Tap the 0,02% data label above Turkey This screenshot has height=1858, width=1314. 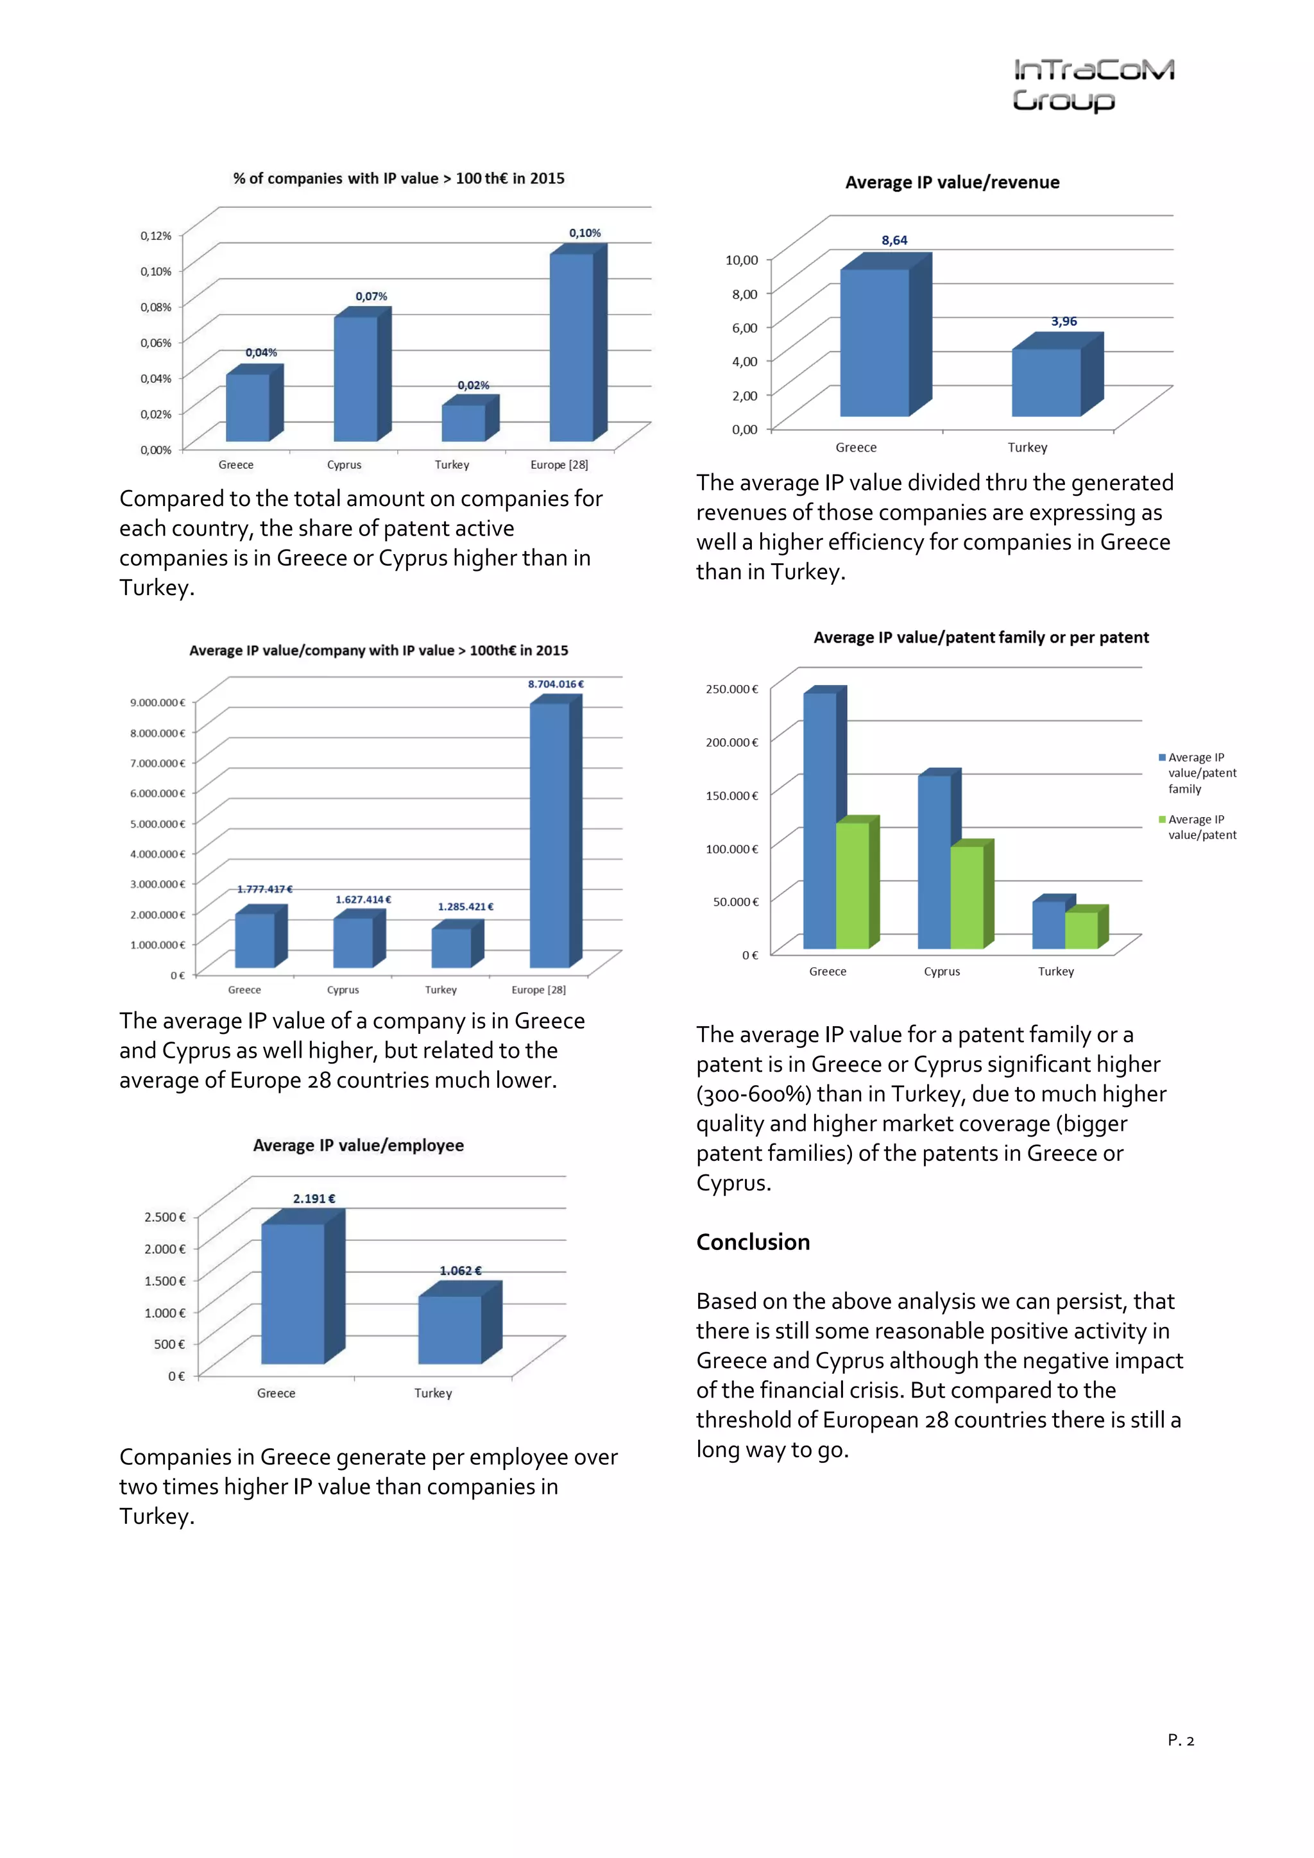point(473,385)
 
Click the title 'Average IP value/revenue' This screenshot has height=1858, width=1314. point(952,183)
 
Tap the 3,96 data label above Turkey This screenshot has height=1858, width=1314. point(1063,321)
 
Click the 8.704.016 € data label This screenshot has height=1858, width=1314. point(556,684)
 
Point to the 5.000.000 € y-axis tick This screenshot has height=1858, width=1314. point(157,823)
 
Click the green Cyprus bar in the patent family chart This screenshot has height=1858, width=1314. point(967,896)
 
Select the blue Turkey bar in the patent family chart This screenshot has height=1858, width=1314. point(1048,924)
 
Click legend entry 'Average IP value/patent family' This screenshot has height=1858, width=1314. point(1200,773)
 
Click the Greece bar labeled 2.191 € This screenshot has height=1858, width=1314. point(293,1292)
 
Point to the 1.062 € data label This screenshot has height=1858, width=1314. point(460,1271)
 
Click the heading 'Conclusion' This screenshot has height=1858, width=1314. point(753,1242)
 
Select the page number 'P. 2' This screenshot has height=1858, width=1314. point(1181,1740)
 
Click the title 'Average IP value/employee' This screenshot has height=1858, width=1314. point(358,1145)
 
